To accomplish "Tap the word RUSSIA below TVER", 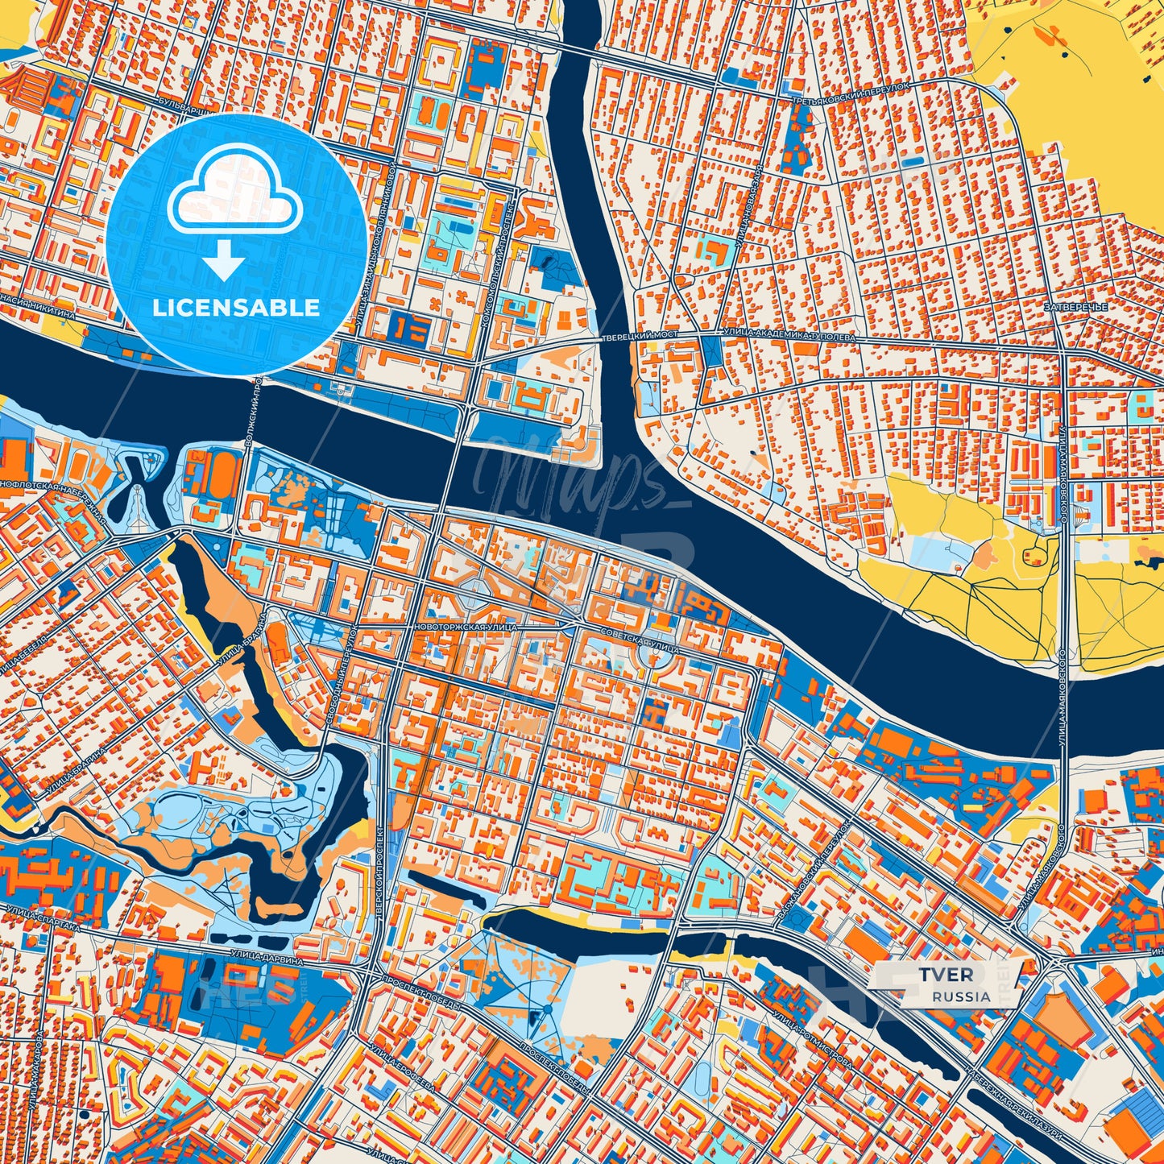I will point(962,996).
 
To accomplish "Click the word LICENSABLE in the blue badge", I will point(236,308).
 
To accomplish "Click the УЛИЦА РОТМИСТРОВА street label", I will point(811,1038).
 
